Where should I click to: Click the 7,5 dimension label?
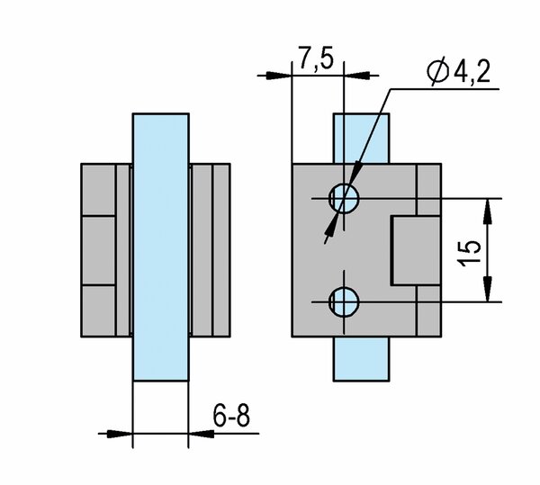316,58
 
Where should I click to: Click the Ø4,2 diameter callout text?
458,72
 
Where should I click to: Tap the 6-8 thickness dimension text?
231,416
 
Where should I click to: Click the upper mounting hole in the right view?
344,199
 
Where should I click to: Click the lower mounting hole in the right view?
344,301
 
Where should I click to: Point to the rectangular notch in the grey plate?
416,250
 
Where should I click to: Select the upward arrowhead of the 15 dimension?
487,211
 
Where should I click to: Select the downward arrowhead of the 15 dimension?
487,289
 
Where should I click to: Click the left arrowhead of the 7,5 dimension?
279,76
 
